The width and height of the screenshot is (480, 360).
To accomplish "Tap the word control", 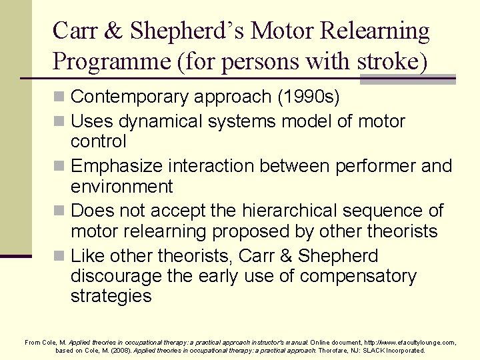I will coord(98,141).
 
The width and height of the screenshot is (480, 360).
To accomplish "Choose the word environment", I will coord(121,186).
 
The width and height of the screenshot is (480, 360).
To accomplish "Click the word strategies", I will coord(111,296).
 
